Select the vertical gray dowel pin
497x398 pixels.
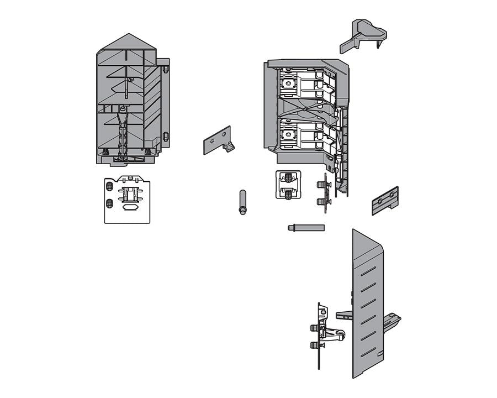click(x=242, y=202)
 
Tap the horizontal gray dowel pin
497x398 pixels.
click(x=305, y=227)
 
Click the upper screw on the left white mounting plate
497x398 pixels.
click(x=109, y=186)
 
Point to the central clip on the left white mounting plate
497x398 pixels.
click(x=131, y=196)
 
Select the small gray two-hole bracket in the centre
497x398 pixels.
click(x=218, y=140)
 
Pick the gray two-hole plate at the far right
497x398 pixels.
click(x=385, y=201)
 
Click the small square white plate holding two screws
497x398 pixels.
click(x=288, y=185)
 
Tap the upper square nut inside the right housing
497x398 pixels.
click(x=288, y=84)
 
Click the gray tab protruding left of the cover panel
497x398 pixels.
click(x=344, y=315)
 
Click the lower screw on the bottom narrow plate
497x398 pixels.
click(x=315, y=345)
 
